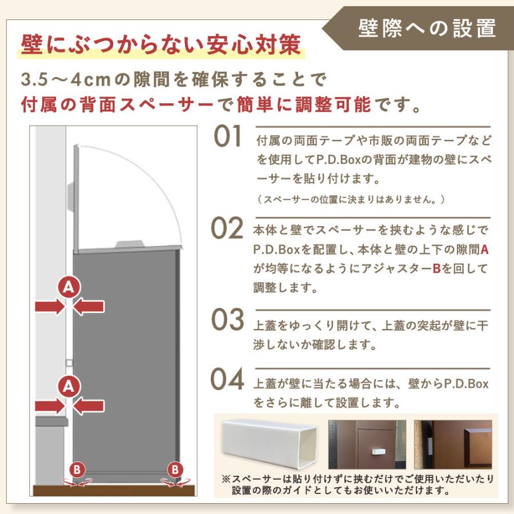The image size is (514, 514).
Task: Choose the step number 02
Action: click(227, 229)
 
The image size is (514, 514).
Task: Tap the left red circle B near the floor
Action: click(78, 469)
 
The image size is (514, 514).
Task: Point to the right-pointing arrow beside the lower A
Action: click(49, 405)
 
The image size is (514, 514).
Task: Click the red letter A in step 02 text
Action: click(485, 249)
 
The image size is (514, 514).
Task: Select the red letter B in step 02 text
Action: click(436, 268)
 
